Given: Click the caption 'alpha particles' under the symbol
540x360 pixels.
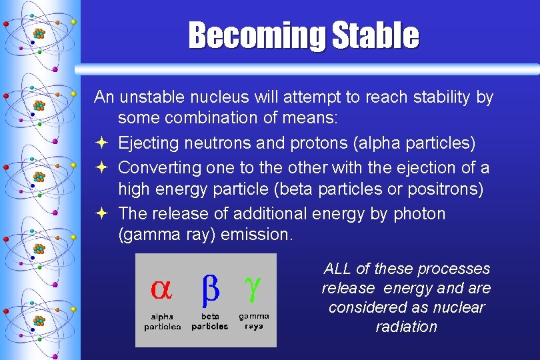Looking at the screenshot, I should [x=162, y=321].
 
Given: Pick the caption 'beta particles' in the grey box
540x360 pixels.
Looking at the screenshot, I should [x=209, y=321].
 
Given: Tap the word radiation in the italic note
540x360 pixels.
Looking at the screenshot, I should [x=406, y=327].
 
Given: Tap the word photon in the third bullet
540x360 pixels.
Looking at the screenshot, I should [x=419, y=213].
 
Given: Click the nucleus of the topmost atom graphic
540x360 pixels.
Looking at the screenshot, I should [x=39, y=33].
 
